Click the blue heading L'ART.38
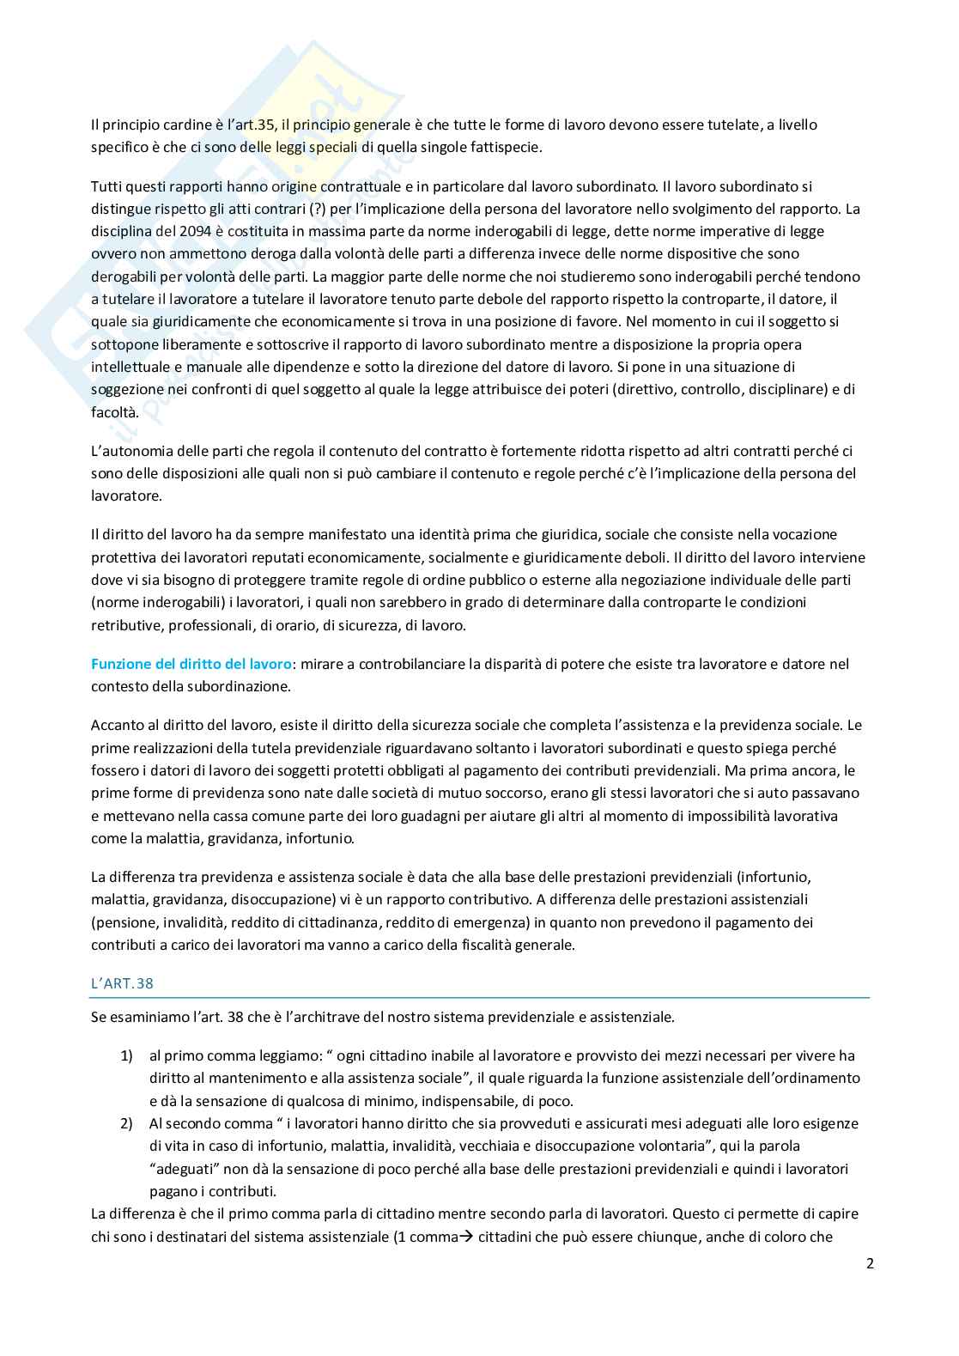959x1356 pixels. pyautogui.click(x=122, y=983)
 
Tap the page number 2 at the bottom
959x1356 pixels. pyautogui.click(x=870, y=1263)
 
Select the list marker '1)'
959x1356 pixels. pyautogui.click(x=126, y=1055)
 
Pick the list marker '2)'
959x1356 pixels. pyautogui.click(x=126, y=1123)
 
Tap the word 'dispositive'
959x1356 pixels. pyautogui.click(x=720, y=254)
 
